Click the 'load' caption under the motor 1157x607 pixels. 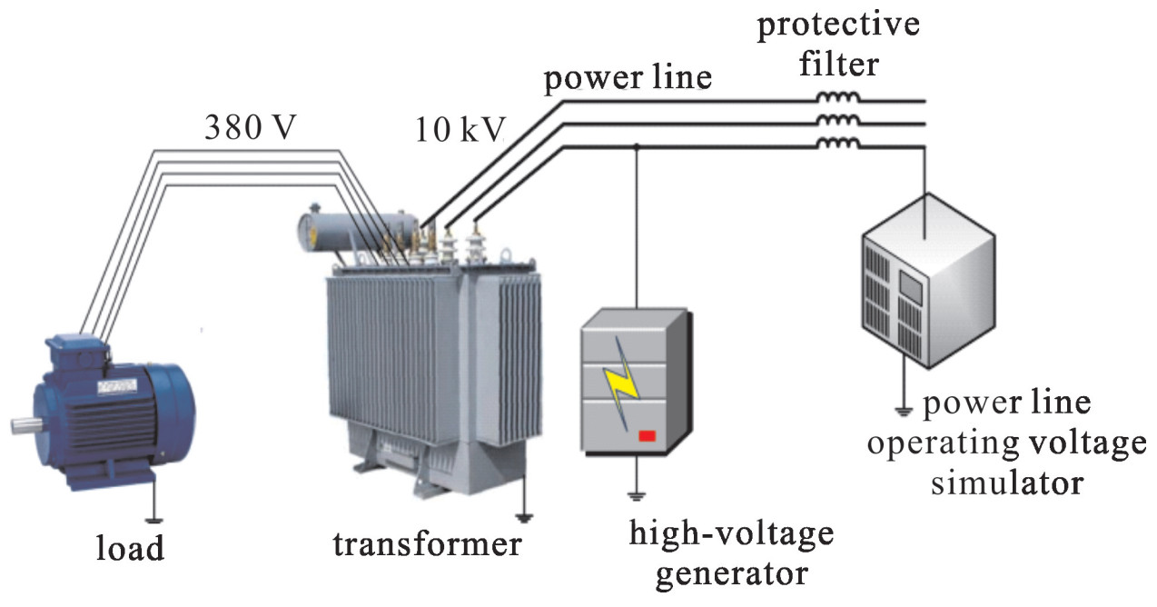131,548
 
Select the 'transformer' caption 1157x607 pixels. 427,544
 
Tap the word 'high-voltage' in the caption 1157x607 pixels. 731,533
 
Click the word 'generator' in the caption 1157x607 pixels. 731,574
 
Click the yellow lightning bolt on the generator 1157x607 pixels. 625,381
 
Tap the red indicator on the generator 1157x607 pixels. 648,436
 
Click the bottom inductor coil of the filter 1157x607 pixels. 836,144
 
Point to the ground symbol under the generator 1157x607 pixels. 637,495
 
